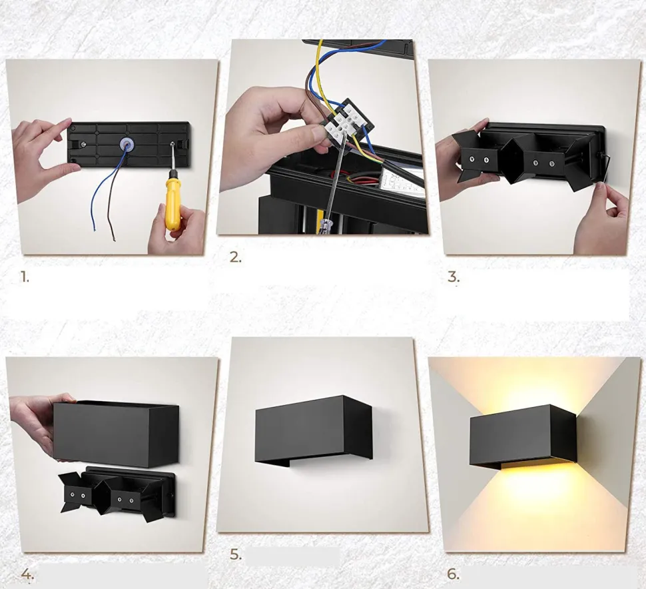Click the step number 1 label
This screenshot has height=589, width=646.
(x=25, y=277)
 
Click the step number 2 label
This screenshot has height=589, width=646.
(x=236, y=258)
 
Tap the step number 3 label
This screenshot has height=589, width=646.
(x=453, y=277)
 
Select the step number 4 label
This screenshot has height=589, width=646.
(x=27, y=574)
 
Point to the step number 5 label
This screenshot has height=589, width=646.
(x=236, y=554)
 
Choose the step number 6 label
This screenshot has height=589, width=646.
(x=453, y=574)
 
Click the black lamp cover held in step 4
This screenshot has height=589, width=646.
(x=116, y=433)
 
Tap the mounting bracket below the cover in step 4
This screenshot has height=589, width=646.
(x=117, y=494)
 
